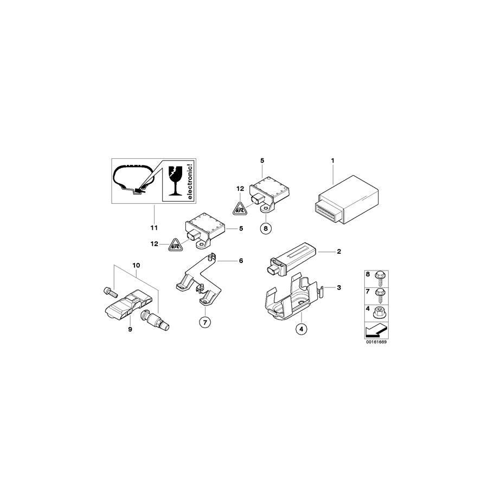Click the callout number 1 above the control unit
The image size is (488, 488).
click(x=333, y=160)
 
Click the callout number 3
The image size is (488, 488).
click(x=339, y=287)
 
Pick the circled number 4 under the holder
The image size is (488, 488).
click(x=301, y=329)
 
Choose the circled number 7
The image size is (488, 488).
click(x=205, y=322)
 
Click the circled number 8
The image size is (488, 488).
click(x=265, y=228)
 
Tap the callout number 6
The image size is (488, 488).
click(x=241, y=261)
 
